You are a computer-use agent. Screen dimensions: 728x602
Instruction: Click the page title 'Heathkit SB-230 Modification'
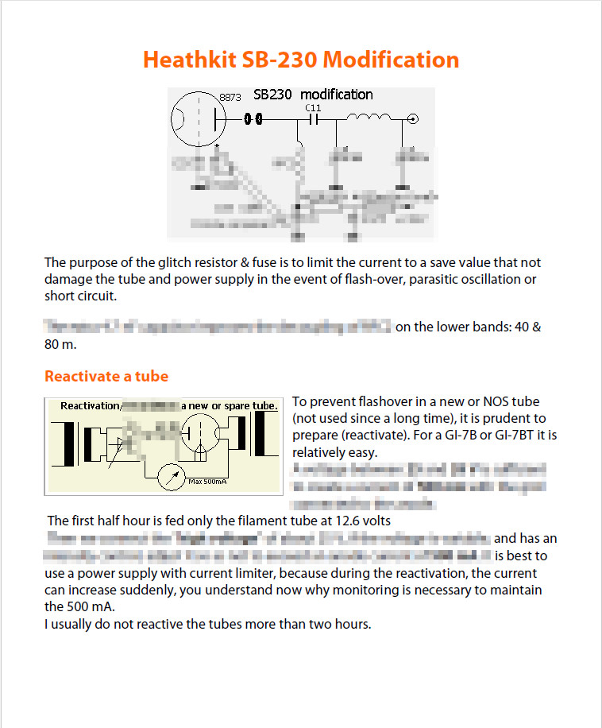301,60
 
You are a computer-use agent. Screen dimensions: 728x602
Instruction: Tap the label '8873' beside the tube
230,98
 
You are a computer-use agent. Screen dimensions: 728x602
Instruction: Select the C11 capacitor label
313,106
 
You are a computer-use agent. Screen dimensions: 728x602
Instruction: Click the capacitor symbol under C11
313,119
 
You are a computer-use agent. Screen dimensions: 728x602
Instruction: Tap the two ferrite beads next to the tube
253,119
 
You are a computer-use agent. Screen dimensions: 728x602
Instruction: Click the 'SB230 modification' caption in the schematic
313,95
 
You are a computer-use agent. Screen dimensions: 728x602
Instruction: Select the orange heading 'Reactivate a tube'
106,376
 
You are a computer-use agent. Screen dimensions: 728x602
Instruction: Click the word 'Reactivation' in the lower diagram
90,406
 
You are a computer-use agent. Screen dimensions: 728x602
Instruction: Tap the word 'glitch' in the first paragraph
172,262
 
